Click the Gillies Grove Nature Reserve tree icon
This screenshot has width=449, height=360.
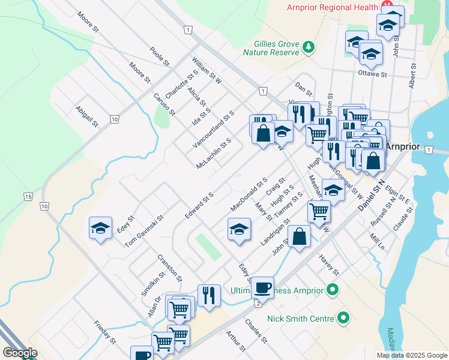click(x=309, y=47)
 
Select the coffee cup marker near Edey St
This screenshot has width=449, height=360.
click(x=262, y=287)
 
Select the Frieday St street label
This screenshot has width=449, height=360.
click(x=104, y=332)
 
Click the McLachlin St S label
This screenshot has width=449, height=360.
click(x=213, y=154)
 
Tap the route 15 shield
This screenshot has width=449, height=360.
click(x=28, y=196)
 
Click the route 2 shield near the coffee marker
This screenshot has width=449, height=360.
click(x=258, y=304)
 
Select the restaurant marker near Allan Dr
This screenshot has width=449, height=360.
click(x=209, y=296)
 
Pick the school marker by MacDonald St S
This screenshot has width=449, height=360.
click(x=239, y=229)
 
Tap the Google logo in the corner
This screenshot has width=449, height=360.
click(x=20, y=353)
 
